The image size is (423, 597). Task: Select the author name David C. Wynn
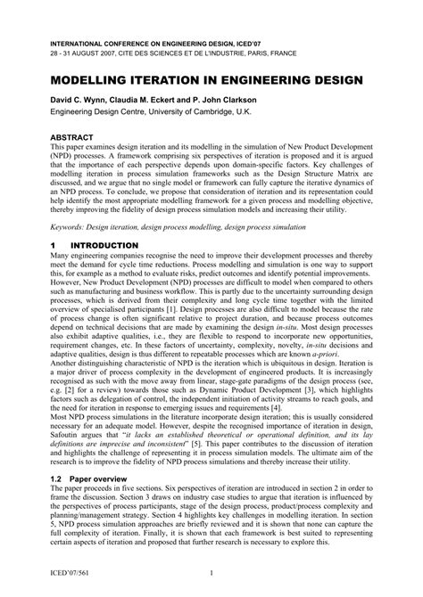pos(80,101)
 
